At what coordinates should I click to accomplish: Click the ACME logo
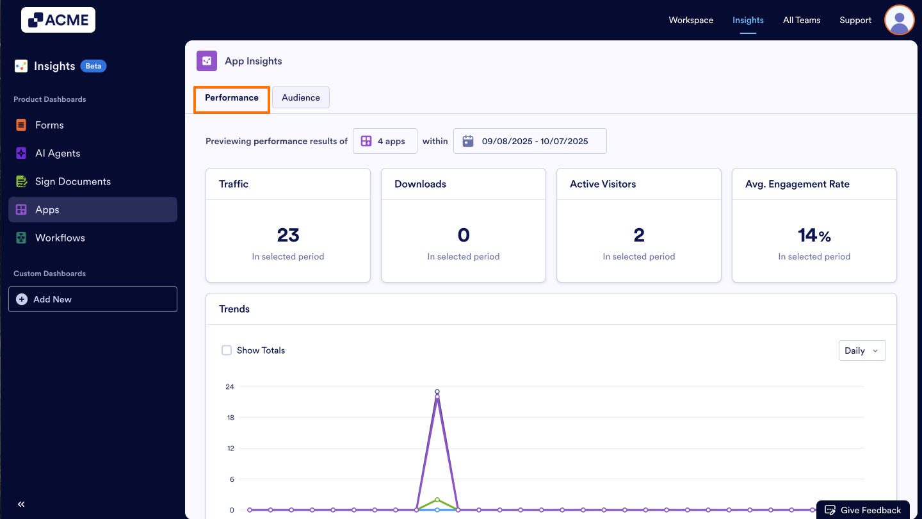click(58, 20)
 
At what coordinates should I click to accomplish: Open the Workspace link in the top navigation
click(691, 20)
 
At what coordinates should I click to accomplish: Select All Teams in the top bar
click(802, 20)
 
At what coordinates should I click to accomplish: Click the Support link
click(855, 20)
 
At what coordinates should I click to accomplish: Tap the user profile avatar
click(899, 20)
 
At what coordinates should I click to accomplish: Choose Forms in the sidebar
click(49, 125)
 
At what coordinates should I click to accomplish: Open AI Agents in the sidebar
click(58, 153)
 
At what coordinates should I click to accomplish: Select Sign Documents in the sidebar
click(72, 181)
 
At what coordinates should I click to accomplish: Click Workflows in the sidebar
click(60, 238)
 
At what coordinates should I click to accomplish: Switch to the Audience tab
click(301, 97)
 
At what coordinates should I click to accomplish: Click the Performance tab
click(232, 97)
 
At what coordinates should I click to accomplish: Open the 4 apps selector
click(385, 141)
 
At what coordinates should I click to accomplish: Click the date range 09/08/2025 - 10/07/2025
click(530, 141)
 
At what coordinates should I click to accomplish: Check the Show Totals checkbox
click(227, 350)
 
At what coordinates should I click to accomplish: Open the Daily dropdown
click(862, 350)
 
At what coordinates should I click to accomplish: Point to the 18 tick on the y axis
click(230, 418)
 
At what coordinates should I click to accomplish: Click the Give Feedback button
click(863, 510)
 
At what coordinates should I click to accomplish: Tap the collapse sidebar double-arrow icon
click(21, 504)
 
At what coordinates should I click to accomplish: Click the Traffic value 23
click(288, 235)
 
